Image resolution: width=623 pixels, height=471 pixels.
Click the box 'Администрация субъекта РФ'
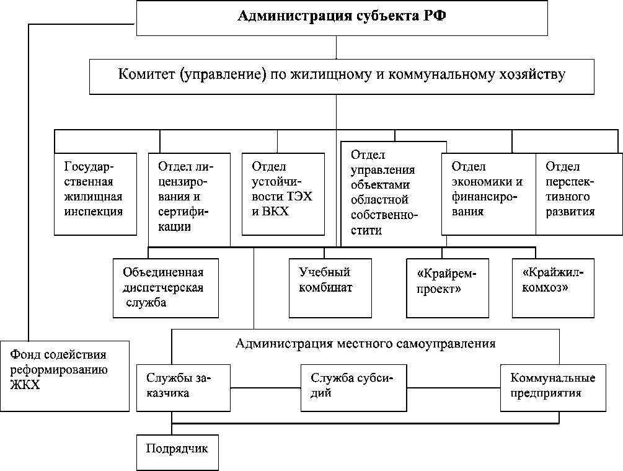point(342,18)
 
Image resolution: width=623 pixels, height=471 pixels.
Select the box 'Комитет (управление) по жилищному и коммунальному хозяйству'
point(342,76)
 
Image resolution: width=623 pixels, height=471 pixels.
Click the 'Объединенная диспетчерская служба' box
point(166,287)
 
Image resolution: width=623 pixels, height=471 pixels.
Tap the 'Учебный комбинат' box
point(331,287)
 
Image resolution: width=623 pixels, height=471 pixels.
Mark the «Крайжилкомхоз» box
point(554,287)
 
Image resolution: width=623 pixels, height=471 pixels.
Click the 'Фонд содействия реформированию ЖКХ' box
point(64,375)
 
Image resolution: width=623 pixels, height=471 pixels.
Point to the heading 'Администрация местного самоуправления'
point(365,343)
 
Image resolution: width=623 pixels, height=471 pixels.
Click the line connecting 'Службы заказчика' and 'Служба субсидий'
point(265,389)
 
